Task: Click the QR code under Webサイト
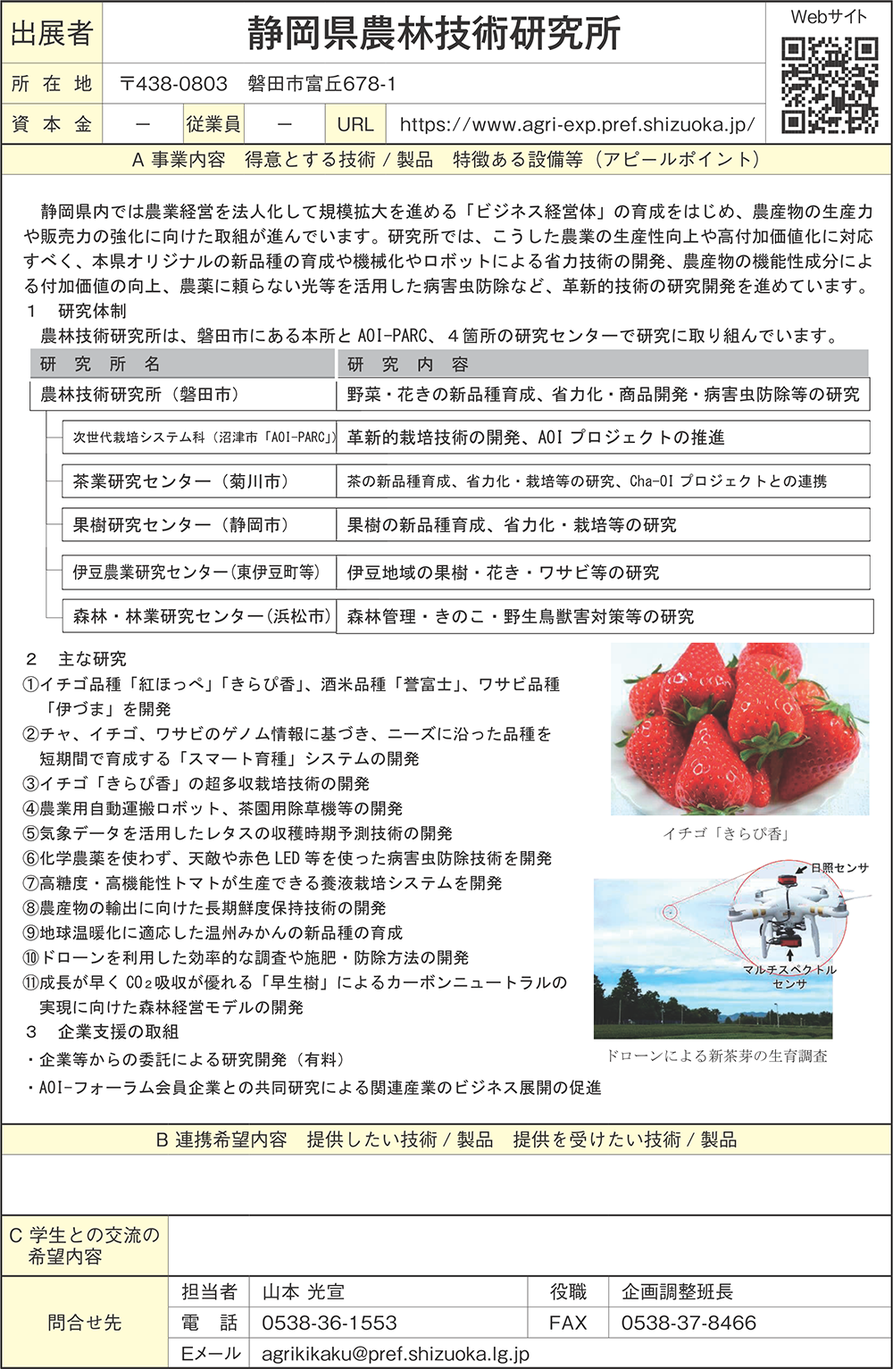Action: coord(829,85)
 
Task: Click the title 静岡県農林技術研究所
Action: coord(434,34)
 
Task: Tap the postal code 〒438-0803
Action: coord(174,84)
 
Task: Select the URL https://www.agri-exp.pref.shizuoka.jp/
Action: coord(577,125)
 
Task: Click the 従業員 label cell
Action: coord(213,125)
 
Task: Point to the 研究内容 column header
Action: coord(408,364)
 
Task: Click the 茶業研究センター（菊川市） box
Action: coord(181,481)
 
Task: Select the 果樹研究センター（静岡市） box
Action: coord(181,525)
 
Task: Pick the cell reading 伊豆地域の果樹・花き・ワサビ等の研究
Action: coord(504,572)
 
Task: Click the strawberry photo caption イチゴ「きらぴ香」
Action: coord(725,833)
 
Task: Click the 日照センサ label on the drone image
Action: coord(839,867)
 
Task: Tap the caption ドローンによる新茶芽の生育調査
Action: coord(716,1056)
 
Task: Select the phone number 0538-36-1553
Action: coord(330,1323)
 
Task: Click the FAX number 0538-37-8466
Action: coord(689,1323)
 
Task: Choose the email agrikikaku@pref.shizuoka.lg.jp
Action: coord(396,1354)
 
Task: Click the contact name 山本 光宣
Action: coord(304,1291)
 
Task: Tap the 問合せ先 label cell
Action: coord(85,1323)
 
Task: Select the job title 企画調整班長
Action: coord(677,1291)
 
